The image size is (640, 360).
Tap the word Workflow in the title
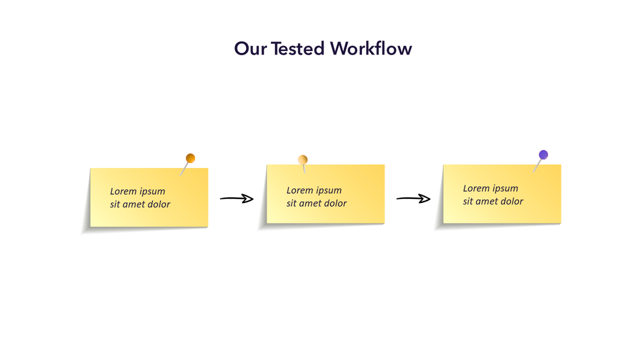click(x=371, y=48)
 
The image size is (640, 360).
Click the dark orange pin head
click(x=190, y=158)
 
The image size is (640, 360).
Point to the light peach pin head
click(x=303, y=160)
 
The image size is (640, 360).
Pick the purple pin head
click(x=543, y=155)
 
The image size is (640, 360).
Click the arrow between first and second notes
click(x=237, y=199)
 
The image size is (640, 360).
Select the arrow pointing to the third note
click(x=413, y=199)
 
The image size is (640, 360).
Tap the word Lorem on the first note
click(x=123, y=191)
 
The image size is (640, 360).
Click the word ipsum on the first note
click(x=152, y=192)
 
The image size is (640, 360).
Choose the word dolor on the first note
click(x=158, y=204)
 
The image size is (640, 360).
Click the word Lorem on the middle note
click(x=300, y=190)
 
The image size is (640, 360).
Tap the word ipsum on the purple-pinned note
click(x=505, y=188)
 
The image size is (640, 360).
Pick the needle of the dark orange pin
click(x=184, y=169)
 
